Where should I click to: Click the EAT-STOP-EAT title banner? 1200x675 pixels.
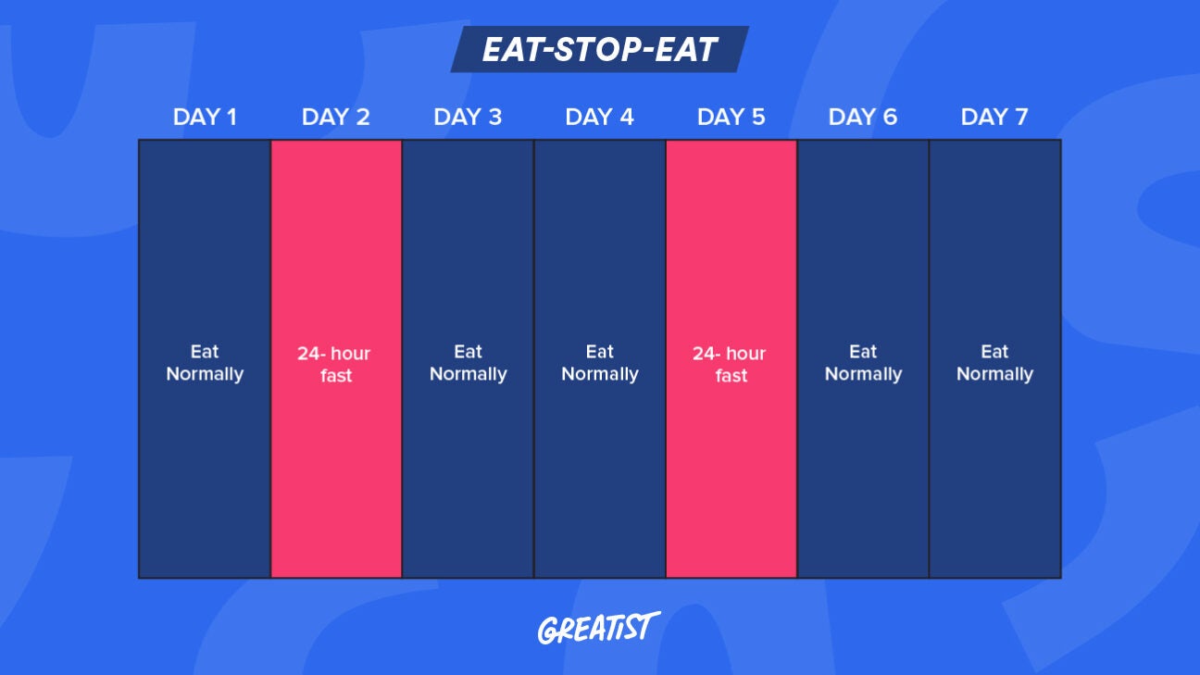click(599, 49)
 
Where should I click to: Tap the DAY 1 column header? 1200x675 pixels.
click(205, 118)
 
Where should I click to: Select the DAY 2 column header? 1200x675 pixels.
click(336, 118)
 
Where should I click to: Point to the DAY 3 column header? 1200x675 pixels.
click(468, 118)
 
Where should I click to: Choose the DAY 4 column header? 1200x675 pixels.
click(599, 118)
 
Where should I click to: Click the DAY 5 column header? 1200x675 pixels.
click(731, 118)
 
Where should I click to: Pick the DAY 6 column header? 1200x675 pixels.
click(862, 118)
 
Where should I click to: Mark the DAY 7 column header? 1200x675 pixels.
click(994, 118)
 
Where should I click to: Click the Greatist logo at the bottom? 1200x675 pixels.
click(599, 628)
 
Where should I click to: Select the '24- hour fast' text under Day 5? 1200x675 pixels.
click(731, 365)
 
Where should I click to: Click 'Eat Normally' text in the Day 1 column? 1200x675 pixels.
click(205, 363)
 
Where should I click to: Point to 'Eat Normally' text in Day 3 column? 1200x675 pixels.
click(468, 363)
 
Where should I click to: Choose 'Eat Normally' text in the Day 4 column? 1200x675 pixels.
click(599, 363)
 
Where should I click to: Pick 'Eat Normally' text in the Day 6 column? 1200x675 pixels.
click(862, 363)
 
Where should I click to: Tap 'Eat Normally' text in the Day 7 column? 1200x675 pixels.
click(994, 363)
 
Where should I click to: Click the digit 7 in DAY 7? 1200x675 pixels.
click(1021, 118)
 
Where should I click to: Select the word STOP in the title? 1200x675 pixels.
click(599, 49)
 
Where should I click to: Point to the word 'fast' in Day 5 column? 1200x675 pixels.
click(731, 376)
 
